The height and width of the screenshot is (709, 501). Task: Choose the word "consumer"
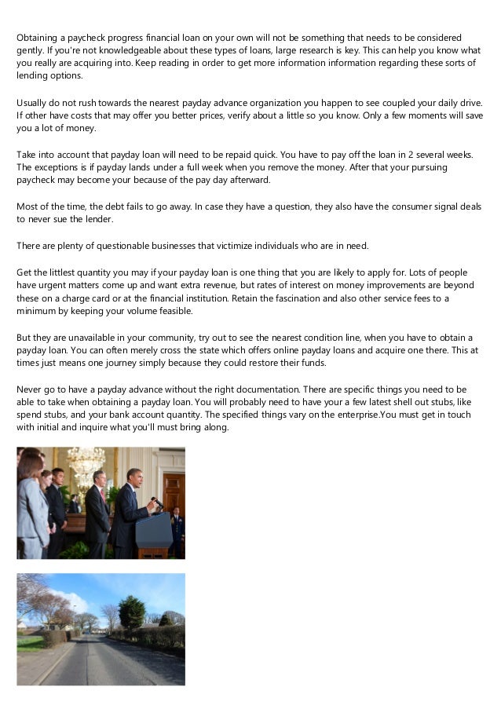(x=382, y=206)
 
